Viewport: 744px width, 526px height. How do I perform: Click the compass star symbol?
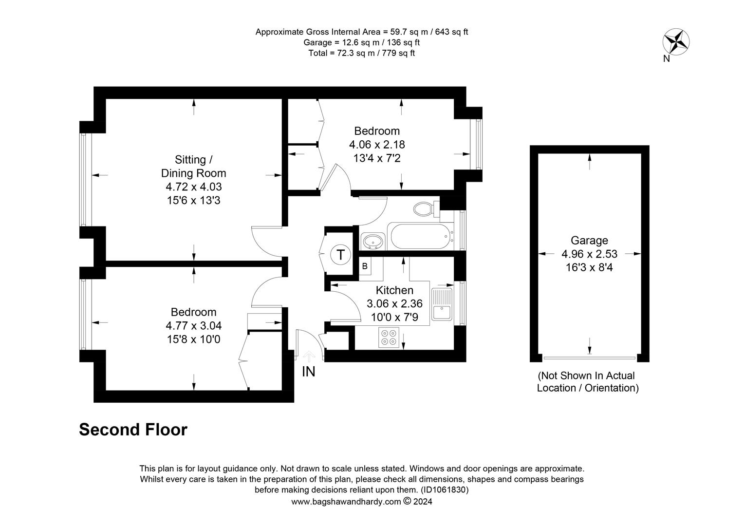[x=676, y=42]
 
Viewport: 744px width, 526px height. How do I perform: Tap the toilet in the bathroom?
[x=427, y=209]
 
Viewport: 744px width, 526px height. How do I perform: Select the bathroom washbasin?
[x=373, y=241]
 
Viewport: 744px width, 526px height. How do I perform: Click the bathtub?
[x=421, y=236]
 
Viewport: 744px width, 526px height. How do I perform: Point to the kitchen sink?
[x=442, y=304]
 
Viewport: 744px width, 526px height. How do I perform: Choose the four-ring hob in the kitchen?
[x=389, y=337]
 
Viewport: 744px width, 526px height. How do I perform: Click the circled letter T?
[x=340, y=255]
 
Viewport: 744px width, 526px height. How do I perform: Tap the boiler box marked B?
[x=365, y=266]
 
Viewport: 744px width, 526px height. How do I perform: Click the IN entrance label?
[x=308, y=372]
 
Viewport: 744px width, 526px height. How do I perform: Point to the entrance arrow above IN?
[x=309, y=356]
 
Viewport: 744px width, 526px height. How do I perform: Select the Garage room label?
[x=589, y=240]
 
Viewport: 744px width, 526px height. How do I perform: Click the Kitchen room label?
[x=394, y=290]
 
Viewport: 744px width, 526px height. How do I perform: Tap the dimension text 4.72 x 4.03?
[x=194, y=187]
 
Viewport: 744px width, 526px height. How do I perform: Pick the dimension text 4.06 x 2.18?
[x=377, y=145]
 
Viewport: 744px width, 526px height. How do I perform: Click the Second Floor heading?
[x=133, y=430]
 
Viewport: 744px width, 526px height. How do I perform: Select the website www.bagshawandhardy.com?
[x=346, y=502]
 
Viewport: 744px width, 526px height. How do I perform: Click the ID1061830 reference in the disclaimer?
[x=445, y=489]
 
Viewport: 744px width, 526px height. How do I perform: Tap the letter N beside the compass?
[x=666, y=58]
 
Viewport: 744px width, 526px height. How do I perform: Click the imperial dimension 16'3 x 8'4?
[x=589, y=267]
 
